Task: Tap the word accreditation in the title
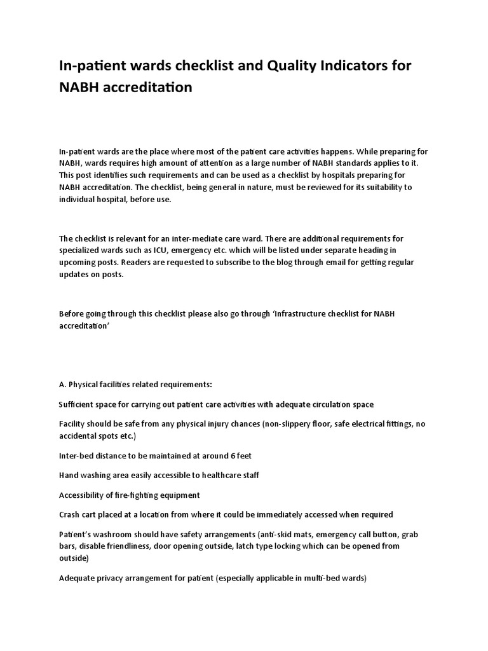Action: point(149,87)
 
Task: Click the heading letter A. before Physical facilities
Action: point(62,385)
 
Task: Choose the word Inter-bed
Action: point(76,456)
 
